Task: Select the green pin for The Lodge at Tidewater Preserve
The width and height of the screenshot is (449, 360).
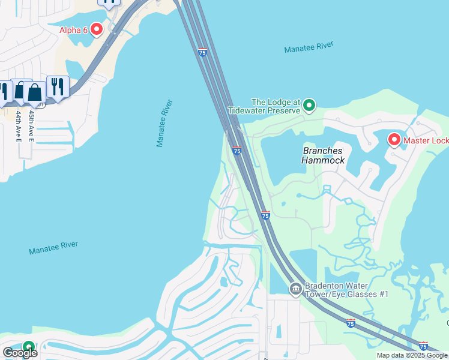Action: [x=309, y=106]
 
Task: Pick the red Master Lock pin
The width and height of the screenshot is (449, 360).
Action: [x=394, y=140]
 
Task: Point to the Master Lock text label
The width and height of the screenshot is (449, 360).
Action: [x=426, y=141]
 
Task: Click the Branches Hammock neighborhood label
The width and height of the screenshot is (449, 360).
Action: [x=323, y=155]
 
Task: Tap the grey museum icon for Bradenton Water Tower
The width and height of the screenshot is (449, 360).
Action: [x=295, y=289]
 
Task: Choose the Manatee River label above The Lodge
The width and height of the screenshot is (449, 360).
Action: [x=309, y=48]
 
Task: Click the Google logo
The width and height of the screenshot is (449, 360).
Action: [x=19, y=352]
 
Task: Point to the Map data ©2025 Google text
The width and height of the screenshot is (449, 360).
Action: [x=412, y=355]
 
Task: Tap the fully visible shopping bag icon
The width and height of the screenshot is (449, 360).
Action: [x=35, y=92]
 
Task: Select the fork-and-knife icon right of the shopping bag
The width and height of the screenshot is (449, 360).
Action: [x=58, y=87]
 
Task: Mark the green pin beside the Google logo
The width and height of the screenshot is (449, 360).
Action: [x=28, y=347]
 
